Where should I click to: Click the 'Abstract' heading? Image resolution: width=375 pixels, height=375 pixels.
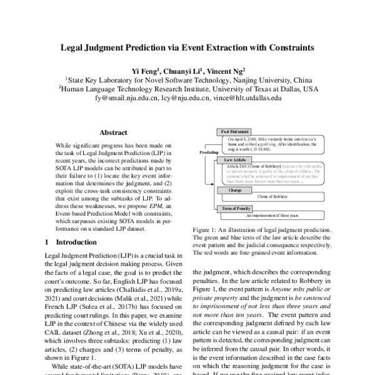coord(114,132)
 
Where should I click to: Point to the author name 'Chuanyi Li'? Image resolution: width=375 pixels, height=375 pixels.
coord(184,70)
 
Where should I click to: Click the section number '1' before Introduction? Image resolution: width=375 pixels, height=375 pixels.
coord(47,241)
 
